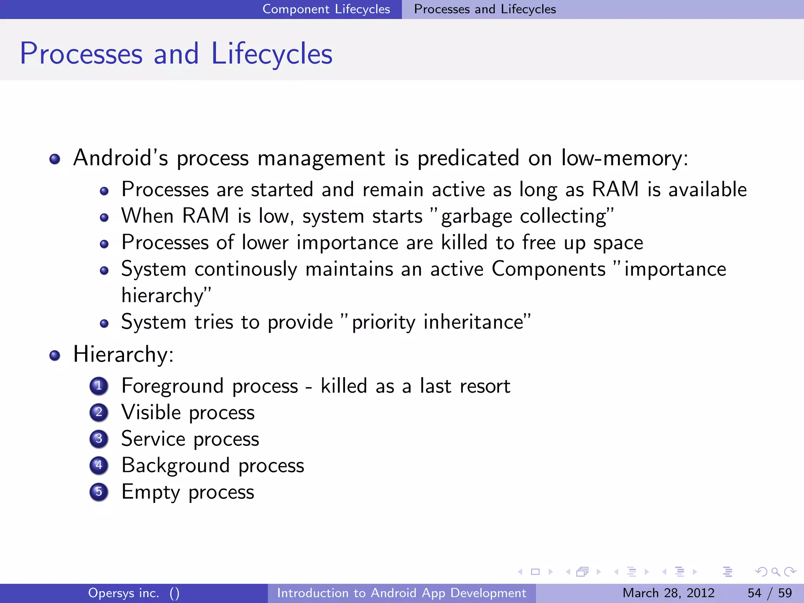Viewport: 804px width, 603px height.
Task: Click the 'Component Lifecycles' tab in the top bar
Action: point(326,9)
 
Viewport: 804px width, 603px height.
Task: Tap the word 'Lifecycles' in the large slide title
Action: point(272,54)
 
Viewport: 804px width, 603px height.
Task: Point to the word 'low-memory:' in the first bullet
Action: point(624,158)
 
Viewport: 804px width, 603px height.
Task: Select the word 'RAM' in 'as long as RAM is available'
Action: point(615,189)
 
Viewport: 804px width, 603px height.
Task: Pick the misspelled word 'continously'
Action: point(246,269)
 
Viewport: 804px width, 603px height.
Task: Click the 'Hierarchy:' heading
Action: point(123,354)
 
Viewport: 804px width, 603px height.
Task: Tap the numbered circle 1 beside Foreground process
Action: point(99,386)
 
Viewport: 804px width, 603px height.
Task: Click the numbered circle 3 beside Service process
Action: point(99,439)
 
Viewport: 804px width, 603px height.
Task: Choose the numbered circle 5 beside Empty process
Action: point(99,492)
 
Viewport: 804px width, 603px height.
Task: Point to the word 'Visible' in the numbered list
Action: point(151,412)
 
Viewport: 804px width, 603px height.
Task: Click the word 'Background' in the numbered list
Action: point(175,466)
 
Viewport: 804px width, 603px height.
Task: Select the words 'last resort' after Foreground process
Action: point(465,386)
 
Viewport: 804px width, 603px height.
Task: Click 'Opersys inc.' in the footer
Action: point(123,593)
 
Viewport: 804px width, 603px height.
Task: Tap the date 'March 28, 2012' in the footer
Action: point(668,593)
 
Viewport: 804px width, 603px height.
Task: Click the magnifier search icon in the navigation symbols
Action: point(775,572)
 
